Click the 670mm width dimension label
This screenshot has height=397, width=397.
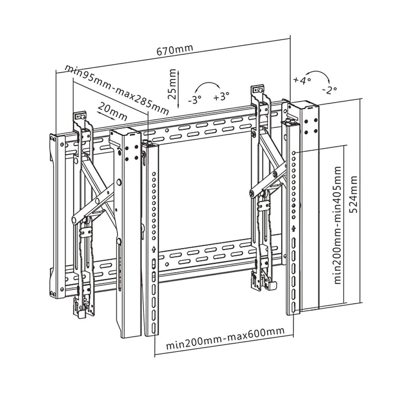[175, 50]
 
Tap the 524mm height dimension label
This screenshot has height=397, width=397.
[354, 194]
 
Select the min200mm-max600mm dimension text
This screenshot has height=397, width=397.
[225, 339]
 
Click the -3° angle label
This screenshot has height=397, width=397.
[194, 99]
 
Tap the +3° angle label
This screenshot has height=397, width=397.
[221, 97]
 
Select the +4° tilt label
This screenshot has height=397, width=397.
[302, 80]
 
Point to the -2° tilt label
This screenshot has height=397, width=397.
[330, 89]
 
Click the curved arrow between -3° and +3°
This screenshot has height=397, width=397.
[208, 86]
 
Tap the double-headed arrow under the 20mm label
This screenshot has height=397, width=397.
[106, 116]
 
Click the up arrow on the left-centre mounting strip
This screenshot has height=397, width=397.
[154, 249]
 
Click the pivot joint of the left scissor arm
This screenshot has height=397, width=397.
[75, 219]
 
